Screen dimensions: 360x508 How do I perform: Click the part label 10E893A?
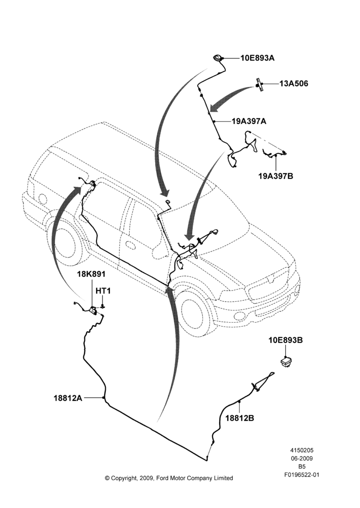[257, 58]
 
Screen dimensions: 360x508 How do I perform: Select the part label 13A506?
[294, 84]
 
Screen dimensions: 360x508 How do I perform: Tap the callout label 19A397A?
[249, 121]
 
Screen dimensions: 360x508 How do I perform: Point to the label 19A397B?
[276, 176]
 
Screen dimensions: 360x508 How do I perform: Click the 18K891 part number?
[91, 274]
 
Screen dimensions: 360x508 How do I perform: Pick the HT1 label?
[103, 291]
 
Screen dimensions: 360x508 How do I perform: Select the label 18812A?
[68, 398]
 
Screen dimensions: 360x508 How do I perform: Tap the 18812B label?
[239, 418]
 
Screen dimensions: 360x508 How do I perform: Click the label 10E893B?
[285, 340]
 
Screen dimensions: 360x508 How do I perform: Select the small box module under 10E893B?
[286, 362]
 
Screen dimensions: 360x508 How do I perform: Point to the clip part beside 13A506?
[259, 85]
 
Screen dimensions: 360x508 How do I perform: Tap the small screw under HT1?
[103, 306]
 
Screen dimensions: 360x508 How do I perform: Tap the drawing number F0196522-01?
[302, 475]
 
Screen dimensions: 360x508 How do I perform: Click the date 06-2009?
[302, 458]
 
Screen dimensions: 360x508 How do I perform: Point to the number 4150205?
[302, 450]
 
